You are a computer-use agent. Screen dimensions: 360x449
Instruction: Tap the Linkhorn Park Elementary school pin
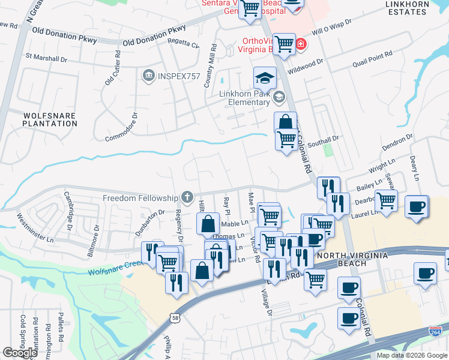click(x=279, y=97)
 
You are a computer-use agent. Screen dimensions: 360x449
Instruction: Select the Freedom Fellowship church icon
click(x=187, y=197)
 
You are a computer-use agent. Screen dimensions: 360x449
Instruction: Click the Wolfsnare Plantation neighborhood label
click(x=50, y=119)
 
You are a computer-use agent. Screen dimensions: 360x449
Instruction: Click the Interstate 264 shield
click(x=436, y=332)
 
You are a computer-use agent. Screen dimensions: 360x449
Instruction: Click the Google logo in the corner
click(x=20, y=353)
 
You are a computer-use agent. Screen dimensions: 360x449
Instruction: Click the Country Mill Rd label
click(x=210, y=67)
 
